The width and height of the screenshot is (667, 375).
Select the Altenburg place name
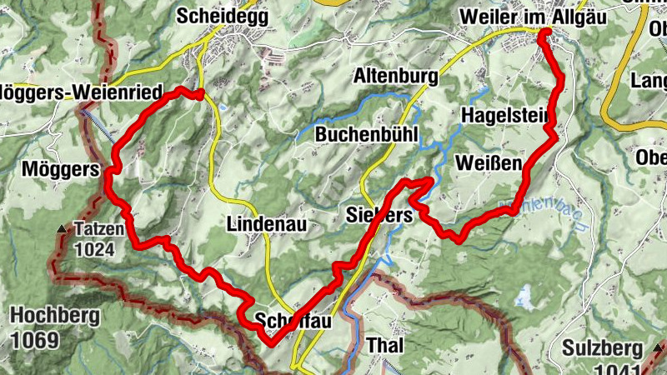coord(396,77)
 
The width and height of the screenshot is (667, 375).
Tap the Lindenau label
coord(267,224)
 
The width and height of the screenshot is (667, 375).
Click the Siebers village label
coord(379,216)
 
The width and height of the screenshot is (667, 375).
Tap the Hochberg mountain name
coord(55,316)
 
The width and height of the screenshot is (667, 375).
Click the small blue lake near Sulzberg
coord(524,296)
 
